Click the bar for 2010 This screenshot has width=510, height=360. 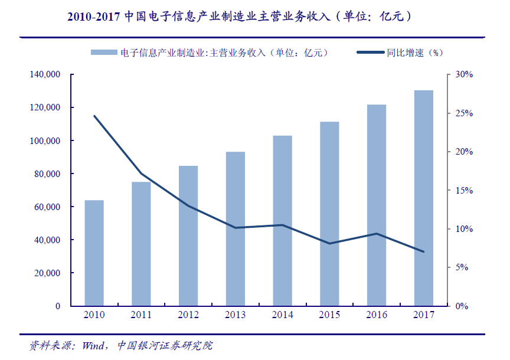coord(94,253)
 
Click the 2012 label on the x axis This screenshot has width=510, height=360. coord(188,315)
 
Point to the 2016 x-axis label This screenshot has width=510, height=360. coord(377,315)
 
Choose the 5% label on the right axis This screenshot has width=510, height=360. coord(462,267)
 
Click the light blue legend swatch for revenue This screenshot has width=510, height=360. coord(103,53)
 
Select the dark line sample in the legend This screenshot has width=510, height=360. coord(370,53)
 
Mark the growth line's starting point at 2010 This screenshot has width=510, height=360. coord(94,116)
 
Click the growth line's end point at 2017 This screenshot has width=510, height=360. coord(423,251)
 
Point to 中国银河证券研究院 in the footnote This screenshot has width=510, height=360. coord(165,345)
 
